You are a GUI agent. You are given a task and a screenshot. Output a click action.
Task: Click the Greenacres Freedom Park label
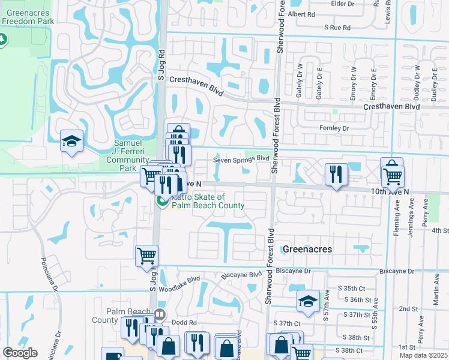click(28, 16)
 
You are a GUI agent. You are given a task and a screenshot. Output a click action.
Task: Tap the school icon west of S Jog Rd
click(71, 142)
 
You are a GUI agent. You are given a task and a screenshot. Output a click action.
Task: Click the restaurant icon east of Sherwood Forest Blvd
click(336, 175)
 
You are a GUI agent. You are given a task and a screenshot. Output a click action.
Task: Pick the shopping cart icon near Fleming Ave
click(393, 176)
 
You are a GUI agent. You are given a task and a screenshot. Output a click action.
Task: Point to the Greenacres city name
click(307, 248)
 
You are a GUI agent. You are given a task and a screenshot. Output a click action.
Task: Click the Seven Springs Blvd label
click(241, 159)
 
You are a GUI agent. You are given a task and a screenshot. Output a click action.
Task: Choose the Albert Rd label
click(301, 14)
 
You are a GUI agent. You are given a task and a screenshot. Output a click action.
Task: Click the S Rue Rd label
click(337, 28)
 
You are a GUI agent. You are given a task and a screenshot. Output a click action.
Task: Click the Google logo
click(20, 353)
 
